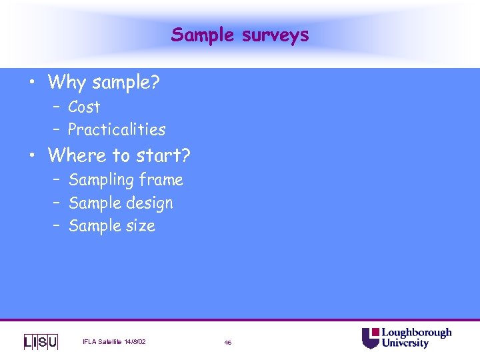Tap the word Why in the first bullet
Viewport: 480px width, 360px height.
point(67,83)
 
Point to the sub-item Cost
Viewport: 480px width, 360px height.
point(84,107)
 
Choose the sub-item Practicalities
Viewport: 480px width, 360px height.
point(117,129)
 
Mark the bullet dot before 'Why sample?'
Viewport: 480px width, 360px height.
point(31,84)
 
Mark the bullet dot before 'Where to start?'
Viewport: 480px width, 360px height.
point(31,157)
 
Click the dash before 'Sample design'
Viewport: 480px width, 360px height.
point(58,203)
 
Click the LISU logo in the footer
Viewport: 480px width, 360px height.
point(41,342)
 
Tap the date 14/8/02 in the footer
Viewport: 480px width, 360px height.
point(135,342)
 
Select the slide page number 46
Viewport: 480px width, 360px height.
point(228,343)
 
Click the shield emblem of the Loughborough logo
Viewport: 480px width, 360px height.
point(370,338)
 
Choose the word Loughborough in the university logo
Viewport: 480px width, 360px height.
point(416,333)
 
